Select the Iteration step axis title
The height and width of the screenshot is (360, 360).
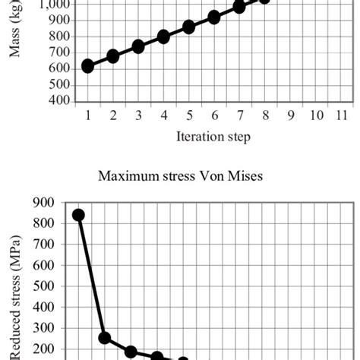[213, 137]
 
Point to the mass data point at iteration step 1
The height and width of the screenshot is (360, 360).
[88, 66]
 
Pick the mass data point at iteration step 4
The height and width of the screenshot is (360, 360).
[163, 36]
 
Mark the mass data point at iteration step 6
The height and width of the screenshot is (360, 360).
[213, 17]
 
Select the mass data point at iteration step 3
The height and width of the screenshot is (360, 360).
[138, 46]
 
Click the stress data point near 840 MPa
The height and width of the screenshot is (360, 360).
[78, 215]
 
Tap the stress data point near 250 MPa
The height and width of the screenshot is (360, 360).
[105, 338]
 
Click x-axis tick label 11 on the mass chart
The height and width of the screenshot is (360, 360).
[340, 115]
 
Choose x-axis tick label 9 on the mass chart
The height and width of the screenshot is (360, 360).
[289, 115]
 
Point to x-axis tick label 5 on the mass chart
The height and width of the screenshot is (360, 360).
[188, 115]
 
